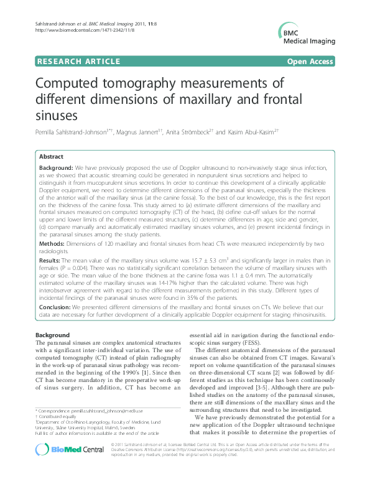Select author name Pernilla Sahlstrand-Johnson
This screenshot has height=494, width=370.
pyautogui.click(x=73, y=132)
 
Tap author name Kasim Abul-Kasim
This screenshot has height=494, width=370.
pyautogui.click(x=254, y=132)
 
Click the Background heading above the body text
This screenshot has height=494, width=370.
pyautogui.click(x=52, y=335)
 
